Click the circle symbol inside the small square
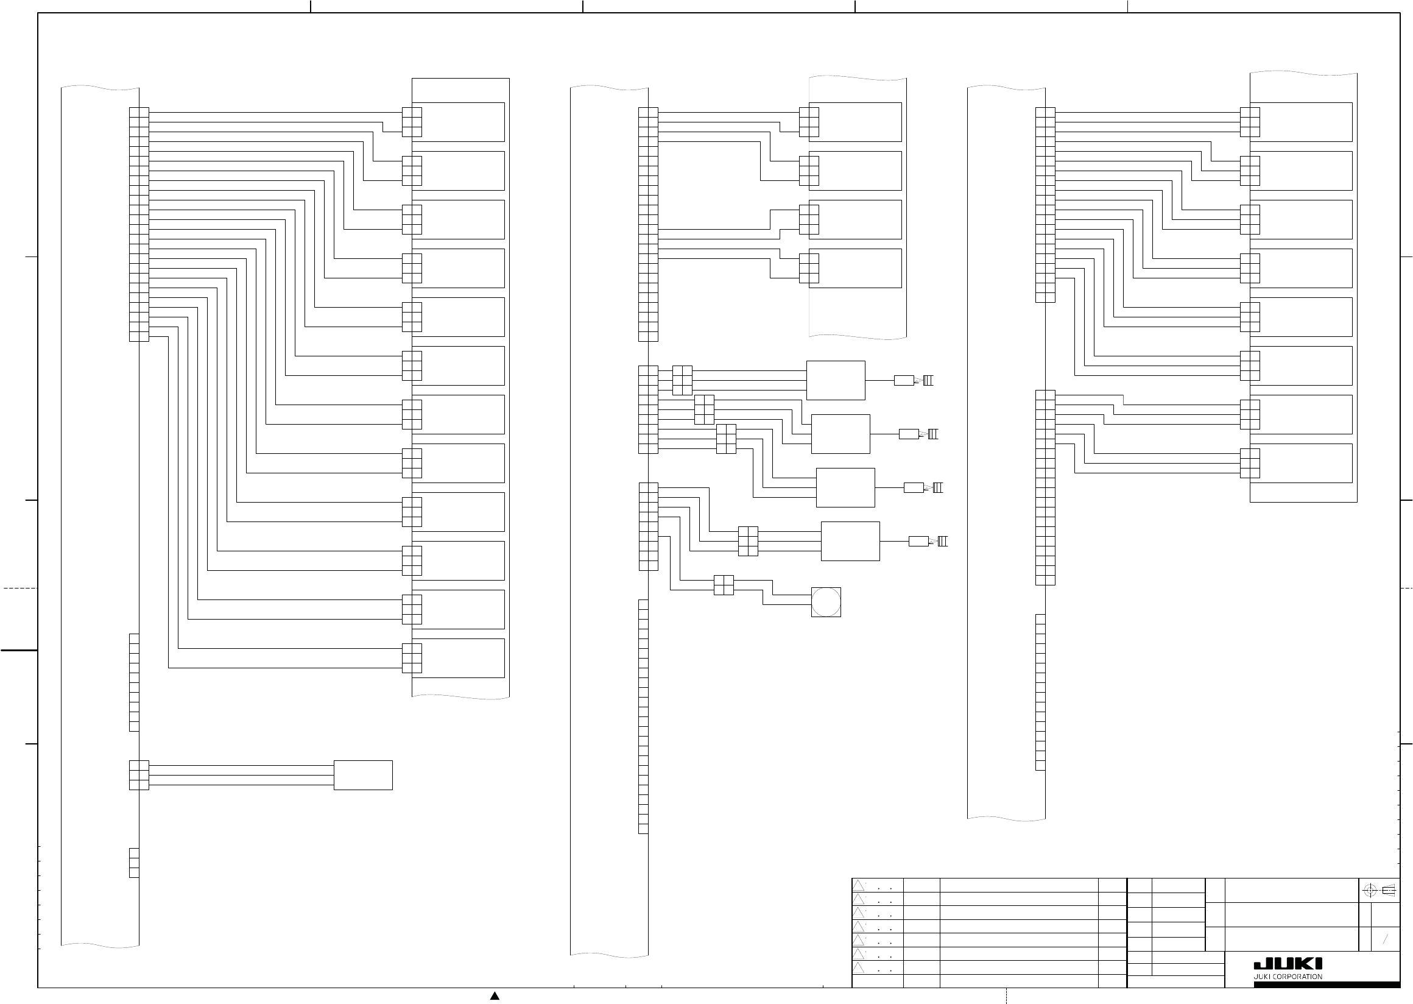pos(826,602)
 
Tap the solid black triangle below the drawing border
pos(495,996)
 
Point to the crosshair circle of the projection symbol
pos(1370,891)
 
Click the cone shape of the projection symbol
pos(1388,891)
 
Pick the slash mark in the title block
pos(1385,939)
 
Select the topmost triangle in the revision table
pos(858,885)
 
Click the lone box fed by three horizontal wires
pos(363,776)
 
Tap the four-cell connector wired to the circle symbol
pos(723,585)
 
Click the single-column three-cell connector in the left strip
pos(134,863)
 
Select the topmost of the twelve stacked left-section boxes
pos(458,122)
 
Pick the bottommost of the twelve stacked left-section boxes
pos(458,658)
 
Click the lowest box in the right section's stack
pos(1300,463)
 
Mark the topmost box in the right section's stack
pos(1300,122)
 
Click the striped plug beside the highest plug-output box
pos(928,381)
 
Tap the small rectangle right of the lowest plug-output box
pos(918,542)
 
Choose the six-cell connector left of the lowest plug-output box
pos(748,542)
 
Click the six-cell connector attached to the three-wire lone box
pos(139,776)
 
